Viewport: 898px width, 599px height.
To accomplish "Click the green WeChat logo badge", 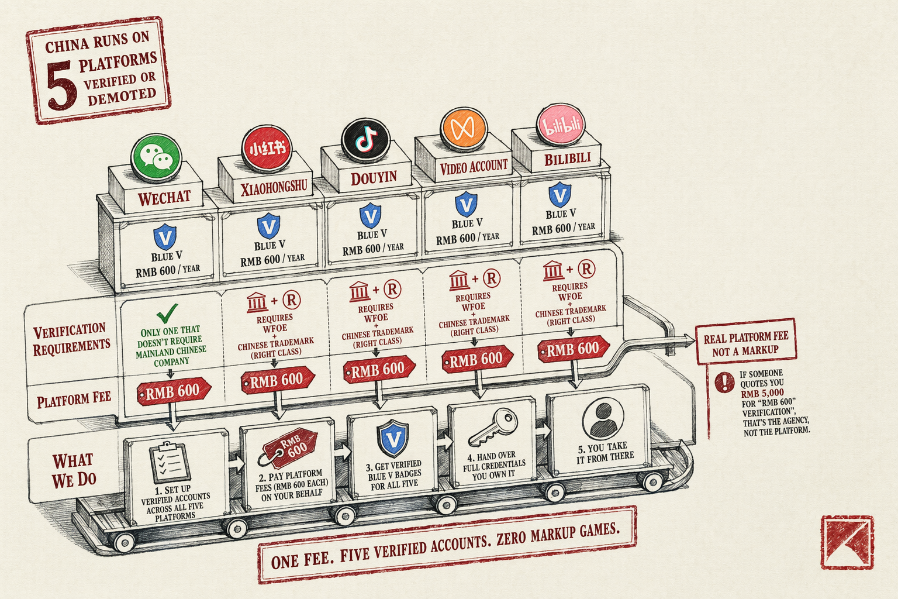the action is [x=156, y=158].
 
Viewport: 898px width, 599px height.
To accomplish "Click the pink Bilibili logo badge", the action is [x=561, y=125].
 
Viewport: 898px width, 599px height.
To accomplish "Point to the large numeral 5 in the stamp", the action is [x=61, y=86].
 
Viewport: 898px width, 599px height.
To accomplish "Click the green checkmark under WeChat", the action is [x=167, y=314].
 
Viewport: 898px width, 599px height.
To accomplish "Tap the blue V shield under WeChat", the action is [x=165, y=237].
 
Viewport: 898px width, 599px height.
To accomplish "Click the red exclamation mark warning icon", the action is [x=725, y=382].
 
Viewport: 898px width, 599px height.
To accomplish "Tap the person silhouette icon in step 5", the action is [x=603, y=419].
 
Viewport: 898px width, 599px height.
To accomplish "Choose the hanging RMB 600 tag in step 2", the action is [x=289, y=447].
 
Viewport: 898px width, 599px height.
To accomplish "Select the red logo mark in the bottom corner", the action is [x=847, y=542].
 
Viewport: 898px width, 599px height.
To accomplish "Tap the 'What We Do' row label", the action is [x=74, y=471].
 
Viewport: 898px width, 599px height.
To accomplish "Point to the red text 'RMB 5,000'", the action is [x=762, y=393].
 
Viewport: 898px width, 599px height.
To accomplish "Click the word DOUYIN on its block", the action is [x=374, y=178].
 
